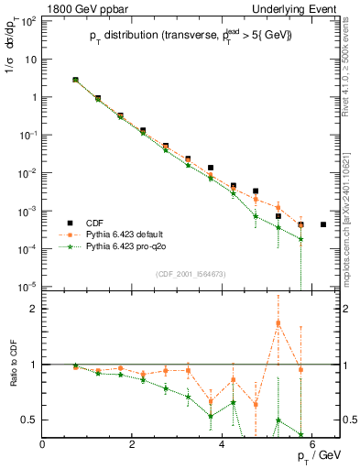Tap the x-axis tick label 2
133,444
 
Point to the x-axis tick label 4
223,444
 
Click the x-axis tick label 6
312,444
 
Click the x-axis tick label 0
43,444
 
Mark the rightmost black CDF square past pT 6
322,224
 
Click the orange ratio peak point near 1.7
278,323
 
